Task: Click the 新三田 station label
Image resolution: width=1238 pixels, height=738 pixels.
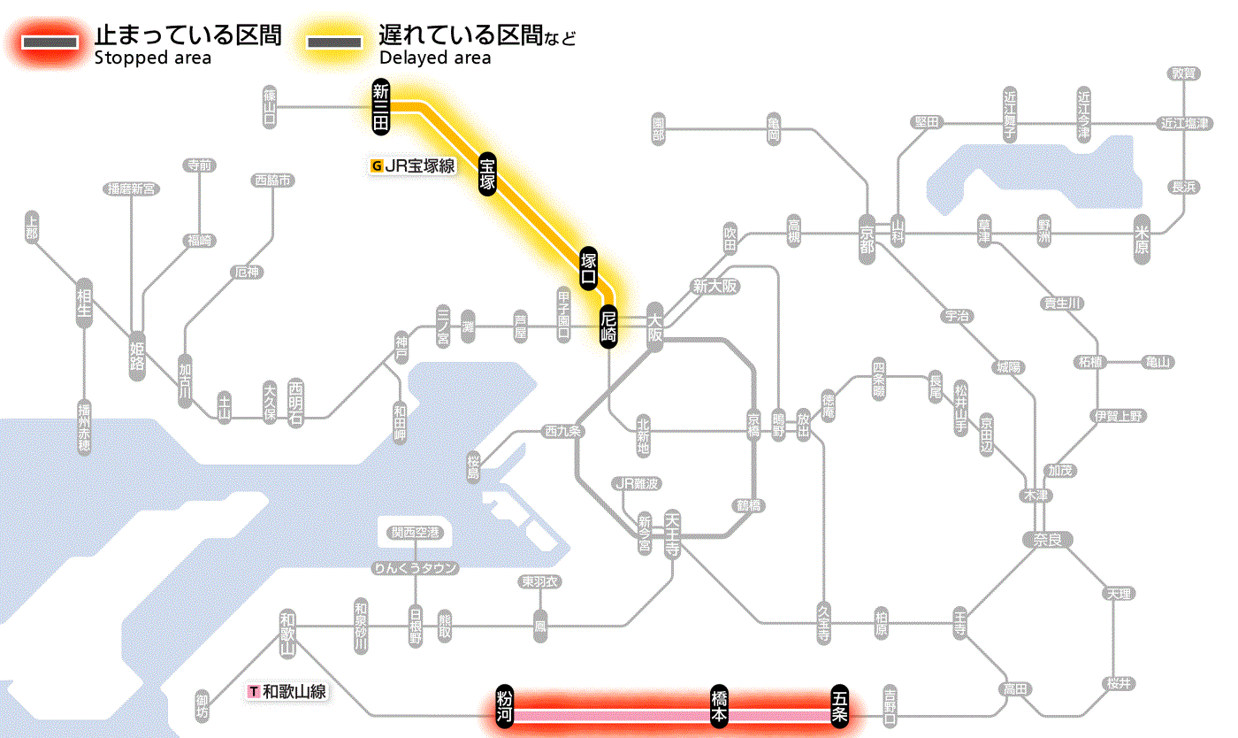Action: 381,107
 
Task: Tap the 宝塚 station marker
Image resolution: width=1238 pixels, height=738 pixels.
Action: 487,173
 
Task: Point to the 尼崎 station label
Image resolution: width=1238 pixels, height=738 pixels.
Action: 608,326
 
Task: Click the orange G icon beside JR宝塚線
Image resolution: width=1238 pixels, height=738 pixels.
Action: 378,165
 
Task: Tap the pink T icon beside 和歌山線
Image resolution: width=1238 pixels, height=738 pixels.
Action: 254,692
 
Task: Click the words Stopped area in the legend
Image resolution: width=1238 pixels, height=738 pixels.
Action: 152,58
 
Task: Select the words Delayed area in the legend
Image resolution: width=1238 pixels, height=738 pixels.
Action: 435,58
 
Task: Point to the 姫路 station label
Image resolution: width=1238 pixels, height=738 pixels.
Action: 137,355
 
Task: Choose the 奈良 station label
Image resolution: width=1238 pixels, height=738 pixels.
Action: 1046,539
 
